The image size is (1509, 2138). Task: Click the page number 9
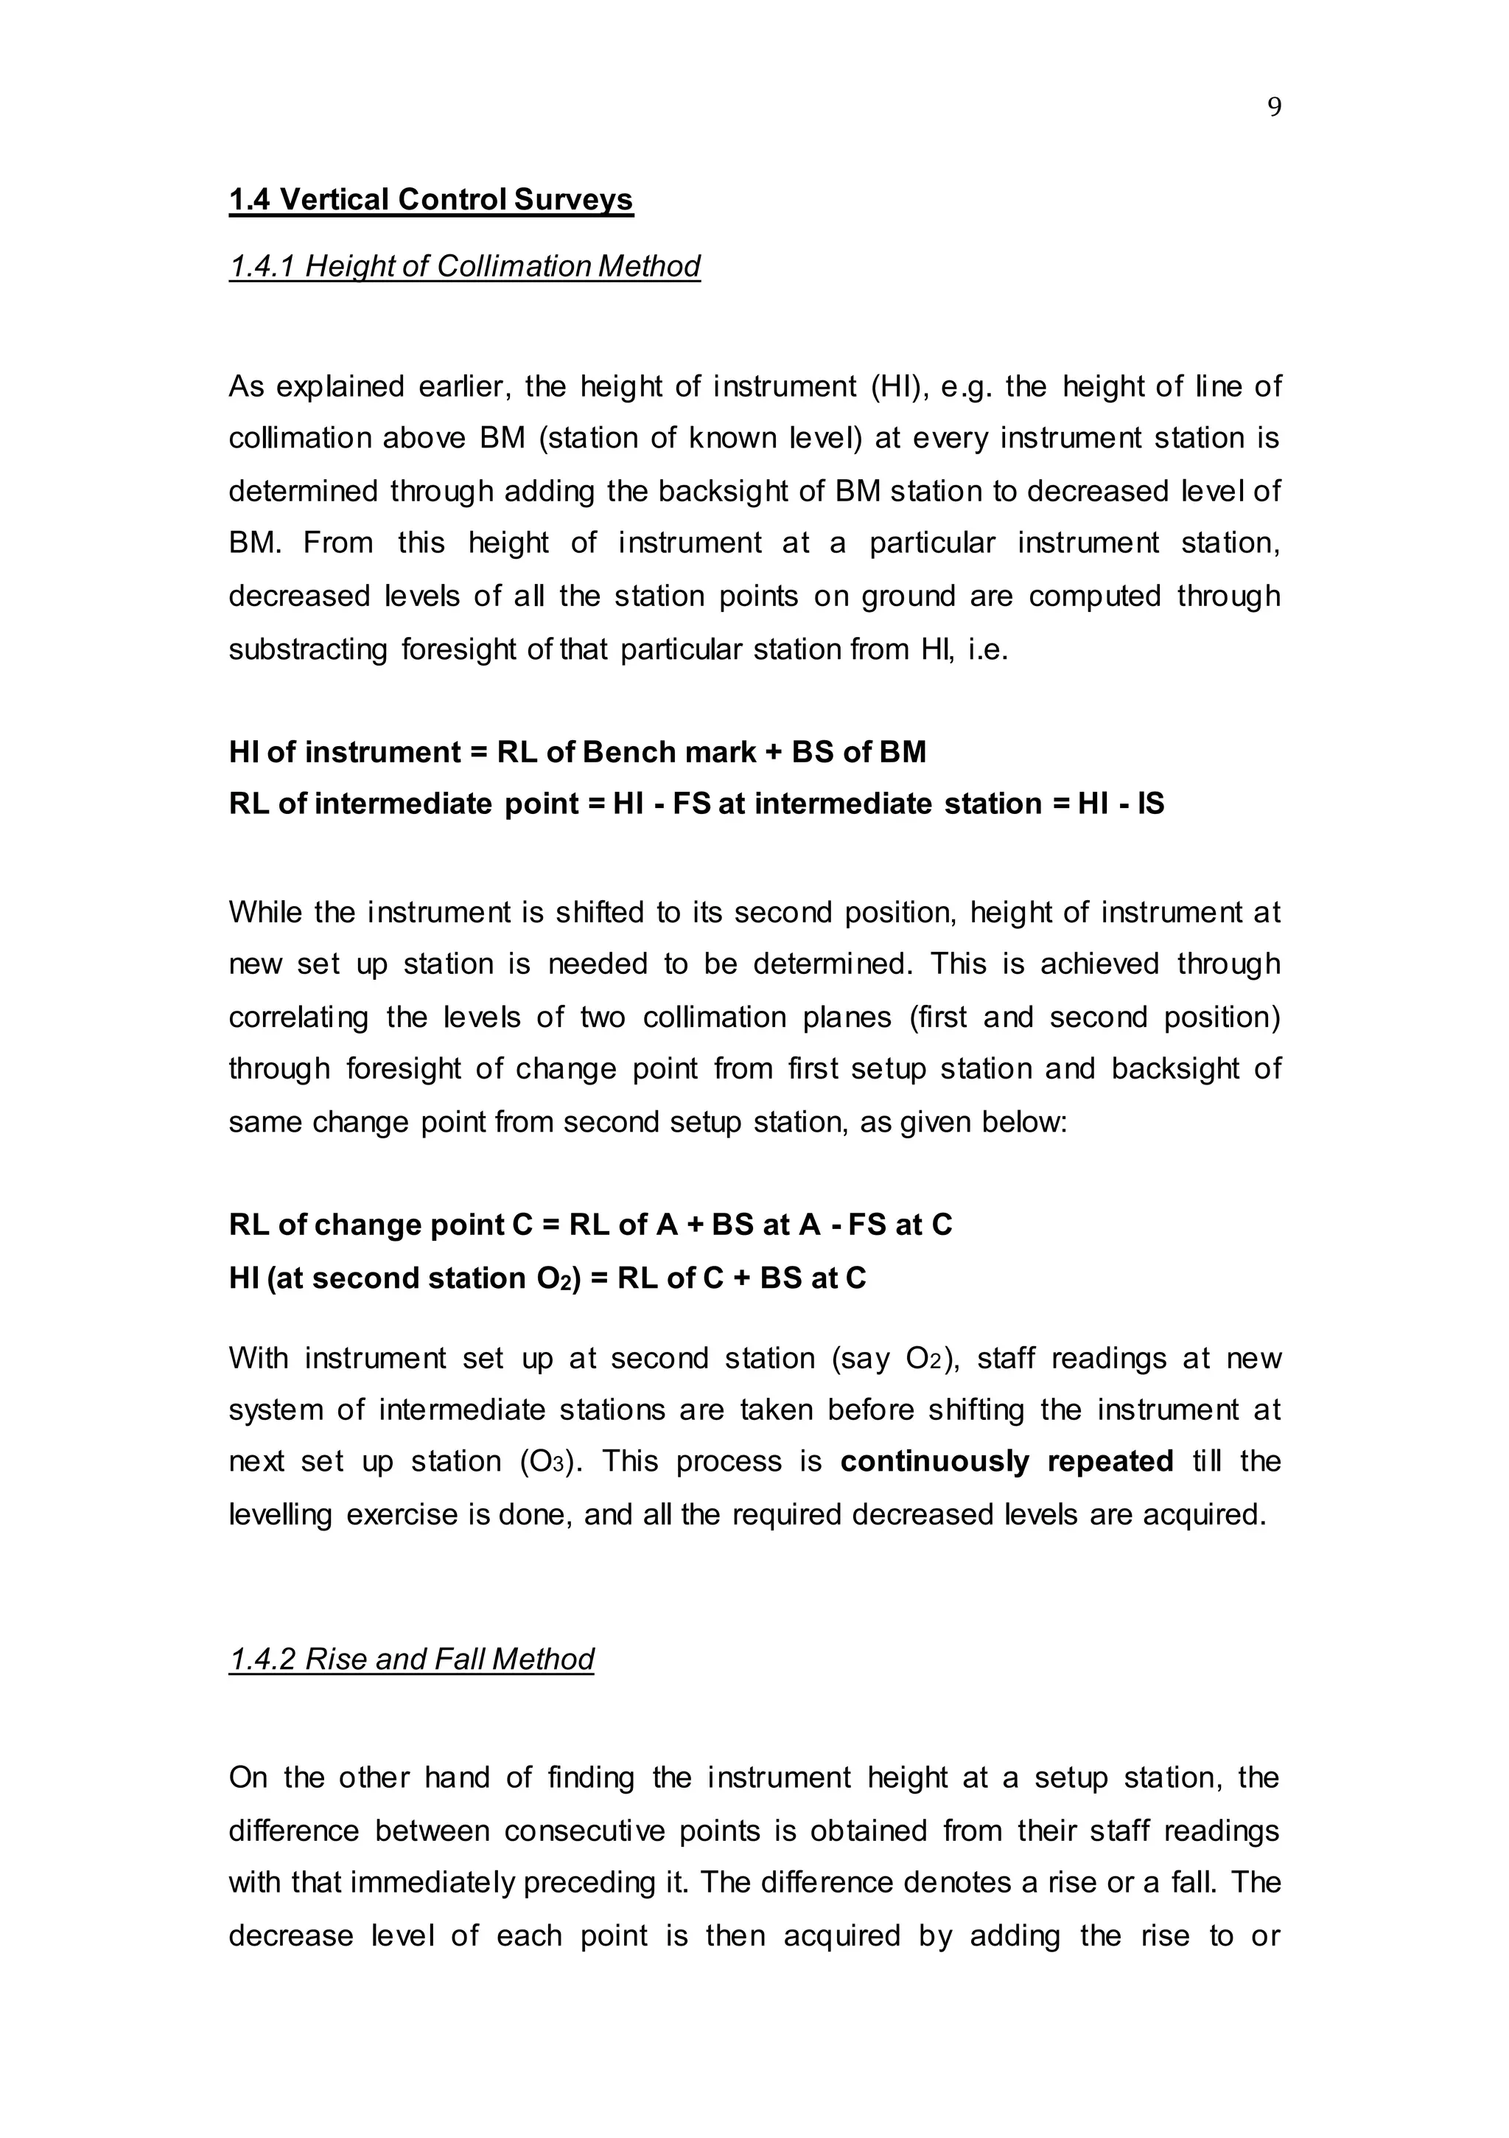(1275, 108)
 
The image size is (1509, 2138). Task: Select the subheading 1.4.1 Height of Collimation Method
(464, 266)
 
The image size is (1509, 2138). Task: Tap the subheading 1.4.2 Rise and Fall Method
(411, 1660)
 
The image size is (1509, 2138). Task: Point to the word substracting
(308, 649)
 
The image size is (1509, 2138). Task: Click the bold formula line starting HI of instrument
(577, 751)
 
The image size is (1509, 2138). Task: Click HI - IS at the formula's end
(1121, 804)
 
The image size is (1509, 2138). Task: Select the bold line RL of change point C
(590, 1225)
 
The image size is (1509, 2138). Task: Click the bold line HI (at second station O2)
(547, 1278)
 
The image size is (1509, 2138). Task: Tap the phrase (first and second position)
(1095, 1017)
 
